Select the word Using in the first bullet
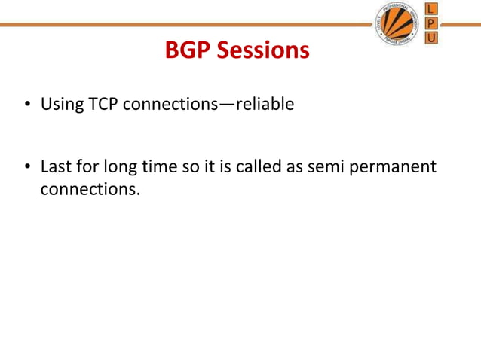coord(60,105)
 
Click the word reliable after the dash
coord(265,105)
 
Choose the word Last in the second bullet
coord(55,166)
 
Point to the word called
coord(259,166)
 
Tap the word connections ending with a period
coord(90,188)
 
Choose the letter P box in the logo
coord(432,23)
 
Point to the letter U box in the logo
coord(432,37)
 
